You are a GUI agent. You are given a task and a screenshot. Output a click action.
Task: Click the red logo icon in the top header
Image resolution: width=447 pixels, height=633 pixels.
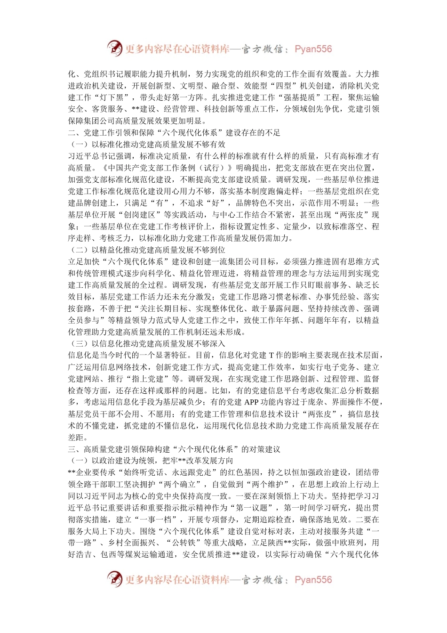coord(114,48)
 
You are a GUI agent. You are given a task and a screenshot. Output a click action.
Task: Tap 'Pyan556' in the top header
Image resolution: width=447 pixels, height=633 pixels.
coord(313,49)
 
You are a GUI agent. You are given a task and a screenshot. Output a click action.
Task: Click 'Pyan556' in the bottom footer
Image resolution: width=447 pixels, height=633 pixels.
coord(313,580)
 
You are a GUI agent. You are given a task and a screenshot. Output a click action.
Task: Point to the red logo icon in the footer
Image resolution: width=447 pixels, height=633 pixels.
coord(114,579)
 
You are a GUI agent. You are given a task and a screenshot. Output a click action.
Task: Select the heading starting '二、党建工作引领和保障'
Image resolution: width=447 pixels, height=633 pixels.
coord(174,133)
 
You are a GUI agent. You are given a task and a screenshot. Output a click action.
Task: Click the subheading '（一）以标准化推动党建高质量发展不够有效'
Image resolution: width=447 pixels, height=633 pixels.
coord(147,145)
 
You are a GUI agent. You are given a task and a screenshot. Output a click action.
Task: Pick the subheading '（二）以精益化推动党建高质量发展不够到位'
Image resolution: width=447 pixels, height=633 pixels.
coord(147,250)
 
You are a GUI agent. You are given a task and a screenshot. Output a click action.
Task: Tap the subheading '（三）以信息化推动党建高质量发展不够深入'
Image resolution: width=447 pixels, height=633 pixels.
coord(147,344)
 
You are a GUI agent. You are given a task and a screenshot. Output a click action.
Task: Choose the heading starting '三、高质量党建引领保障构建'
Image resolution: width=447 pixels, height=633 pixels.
coord(174,449)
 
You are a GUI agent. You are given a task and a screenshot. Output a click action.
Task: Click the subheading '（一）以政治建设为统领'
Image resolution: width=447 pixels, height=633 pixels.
coord(151,461)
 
